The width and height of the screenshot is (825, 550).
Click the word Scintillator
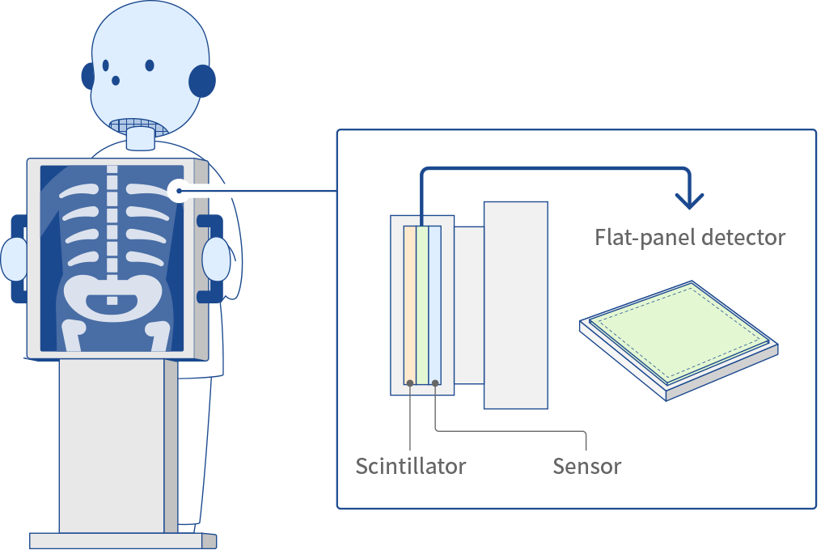tap(411, 467)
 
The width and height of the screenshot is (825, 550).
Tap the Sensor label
tap(587, 467)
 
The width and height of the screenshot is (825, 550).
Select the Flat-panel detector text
tap(690, 238)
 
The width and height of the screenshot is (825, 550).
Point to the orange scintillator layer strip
tap(410, 303)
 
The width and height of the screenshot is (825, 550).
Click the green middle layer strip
tap(422, 303)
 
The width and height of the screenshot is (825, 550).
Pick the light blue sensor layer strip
tap(435, 303)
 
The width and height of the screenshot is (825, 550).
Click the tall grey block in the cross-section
tap(515, 305)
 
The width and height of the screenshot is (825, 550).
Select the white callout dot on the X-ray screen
tap(178, 192)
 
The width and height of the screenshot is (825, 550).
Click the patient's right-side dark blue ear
tap(202, 81)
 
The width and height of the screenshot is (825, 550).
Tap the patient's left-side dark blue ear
tap(87, 76)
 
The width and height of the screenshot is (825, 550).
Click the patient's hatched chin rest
tap(139, 126)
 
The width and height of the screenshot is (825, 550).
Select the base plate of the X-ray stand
tap(121, 540)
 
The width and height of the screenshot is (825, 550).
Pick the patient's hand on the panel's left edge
tap(15, 259)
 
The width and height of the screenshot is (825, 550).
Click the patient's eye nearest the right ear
tap(150, 65)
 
